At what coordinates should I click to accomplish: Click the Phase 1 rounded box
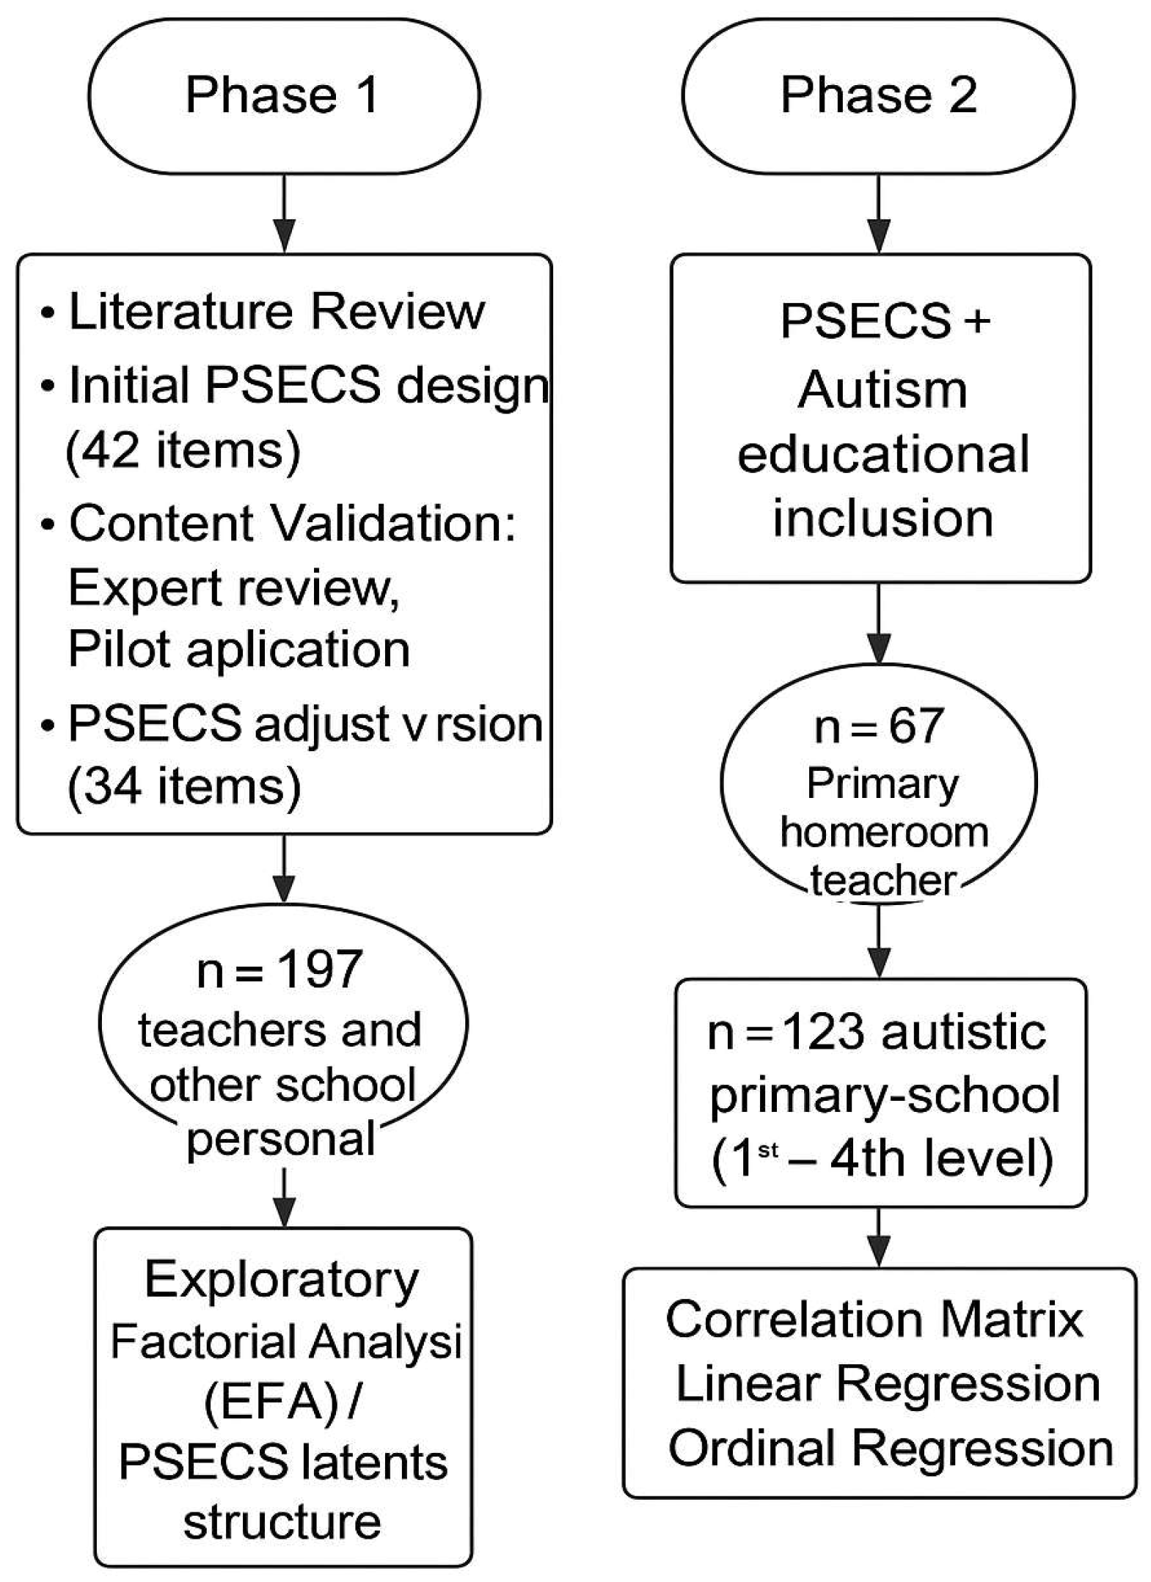coord(284,96)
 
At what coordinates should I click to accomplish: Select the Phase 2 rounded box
coord(878,96)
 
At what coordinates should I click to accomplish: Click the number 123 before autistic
coord(824,1033)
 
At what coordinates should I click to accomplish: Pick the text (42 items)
coord(183,450)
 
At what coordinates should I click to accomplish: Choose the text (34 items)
coord(184,786)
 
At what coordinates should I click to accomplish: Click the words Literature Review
coord(277,312)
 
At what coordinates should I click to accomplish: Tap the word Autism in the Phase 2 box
coord(883,389)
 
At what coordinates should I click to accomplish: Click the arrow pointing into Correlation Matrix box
coord(878,1239)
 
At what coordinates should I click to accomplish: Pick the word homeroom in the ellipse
coord(884,832)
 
